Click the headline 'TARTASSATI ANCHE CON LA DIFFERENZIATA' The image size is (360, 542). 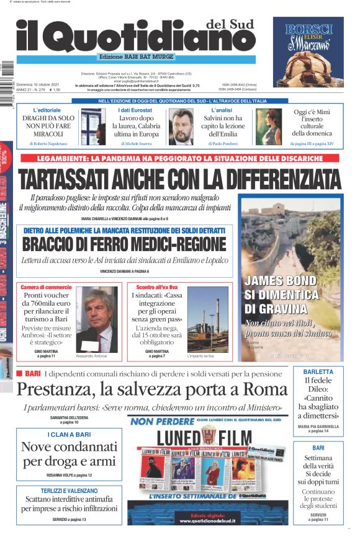tap(180, 179)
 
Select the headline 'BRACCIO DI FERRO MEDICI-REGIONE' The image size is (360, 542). tap(124, 244)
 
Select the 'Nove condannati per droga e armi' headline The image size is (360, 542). tap(69, 454)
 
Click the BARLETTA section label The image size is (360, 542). tap(318, 371)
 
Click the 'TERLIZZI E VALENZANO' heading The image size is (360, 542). tap(69, 490)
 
